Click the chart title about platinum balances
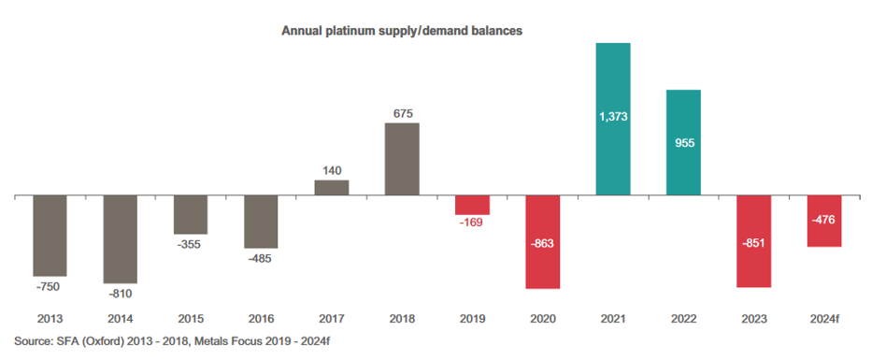[402, 31]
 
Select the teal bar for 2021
[613, 120]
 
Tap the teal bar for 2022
[684, 143]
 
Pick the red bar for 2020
[543, 242]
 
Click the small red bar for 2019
[472, 205]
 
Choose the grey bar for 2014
[121, 239]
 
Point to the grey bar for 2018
[402, 159]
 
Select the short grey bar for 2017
[332, 188]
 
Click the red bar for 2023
[754, 241]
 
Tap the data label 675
[402, 113]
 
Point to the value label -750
[48, 286]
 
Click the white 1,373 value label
[613, 117]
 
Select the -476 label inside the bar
[824, 220]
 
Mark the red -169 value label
[471, 223]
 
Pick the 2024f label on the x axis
[824, 319]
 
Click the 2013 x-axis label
[50, 319]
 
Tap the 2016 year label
[261, 319]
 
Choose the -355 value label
[189, 245]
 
